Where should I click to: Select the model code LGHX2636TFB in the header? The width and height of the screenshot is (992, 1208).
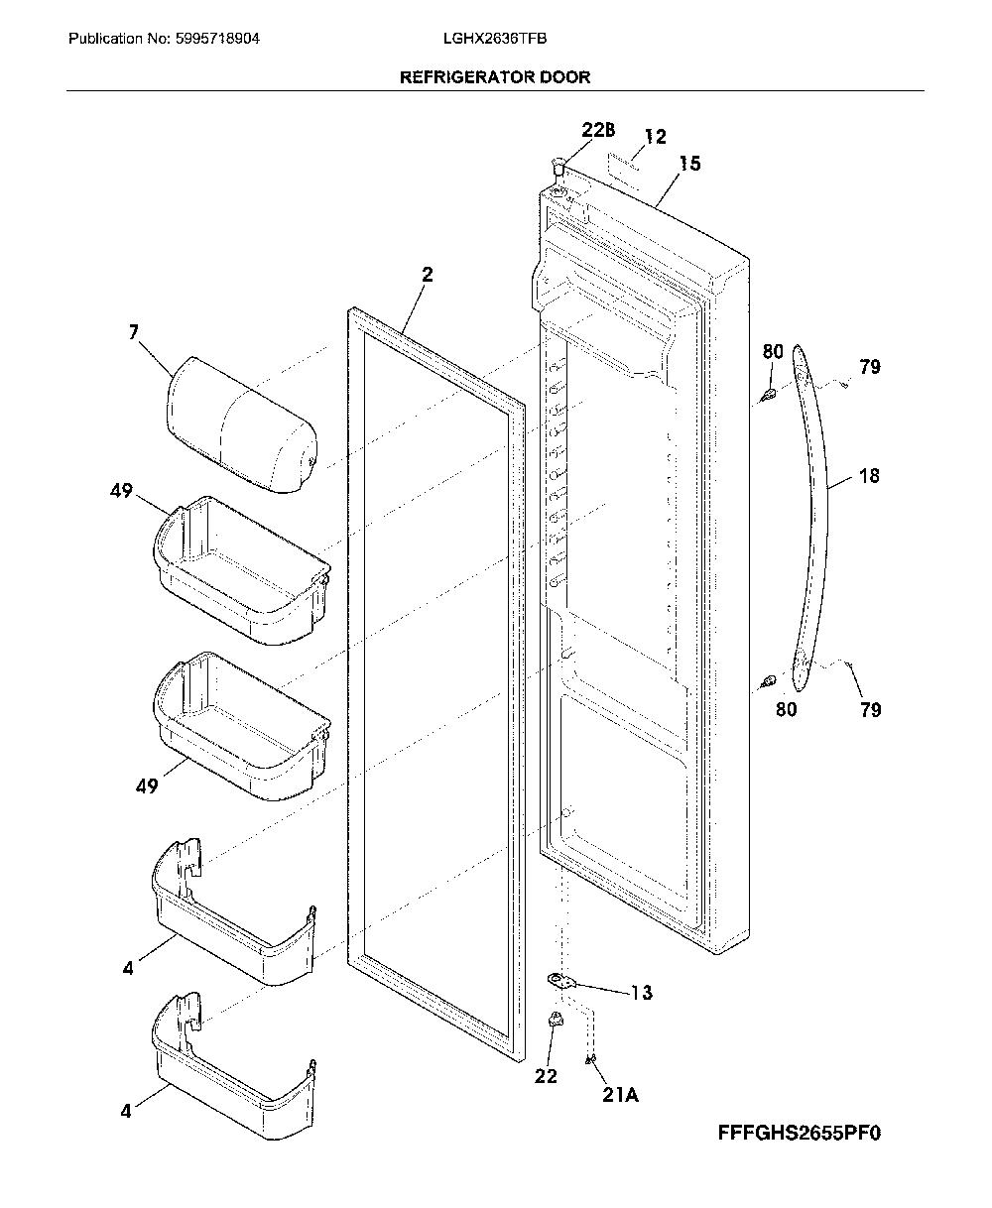(495, 39)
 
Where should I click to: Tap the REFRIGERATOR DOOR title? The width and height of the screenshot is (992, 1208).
(495, 76)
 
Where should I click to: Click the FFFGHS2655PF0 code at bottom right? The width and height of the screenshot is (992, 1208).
(800, 1133)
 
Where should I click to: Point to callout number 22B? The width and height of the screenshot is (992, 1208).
(598, 131)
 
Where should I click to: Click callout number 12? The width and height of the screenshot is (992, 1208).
(655, 137)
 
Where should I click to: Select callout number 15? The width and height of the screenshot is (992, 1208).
(689, 164)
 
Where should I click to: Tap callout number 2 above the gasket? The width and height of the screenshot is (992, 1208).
(428, 275)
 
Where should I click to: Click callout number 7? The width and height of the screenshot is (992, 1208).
(134, 331)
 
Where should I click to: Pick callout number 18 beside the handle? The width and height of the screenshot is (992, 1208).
(869, 475)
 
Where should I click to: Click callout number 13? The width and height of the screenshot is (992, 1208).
(641, 992)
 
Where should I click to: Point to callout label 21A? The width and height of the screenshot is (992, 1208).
(620, 1095)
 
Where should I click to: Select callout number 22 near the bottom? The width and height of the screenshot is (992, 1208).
(546, 1076)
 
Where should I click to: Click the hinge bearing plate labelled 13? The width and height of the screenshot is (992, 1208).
(560, 981)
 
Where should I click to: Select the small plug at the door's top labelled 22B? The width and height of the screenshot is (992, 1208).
(558, 168)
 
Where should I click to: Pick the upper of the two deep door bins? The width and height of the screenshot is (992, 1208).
(241, 570)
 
